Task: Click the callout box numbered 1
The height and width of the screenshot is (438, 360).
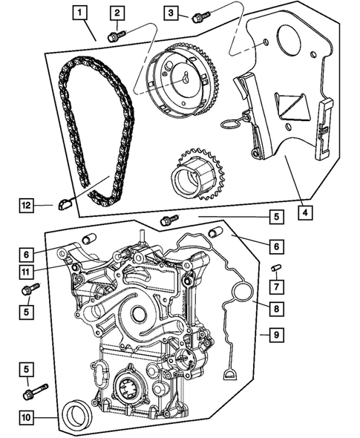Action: [x=80, y=13]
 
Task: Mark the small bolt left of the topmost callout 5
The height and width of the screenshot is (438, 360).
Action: [x=169, y=219]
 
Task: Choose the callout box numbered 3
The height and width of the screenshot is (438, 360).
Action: [x=171, y=13]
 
